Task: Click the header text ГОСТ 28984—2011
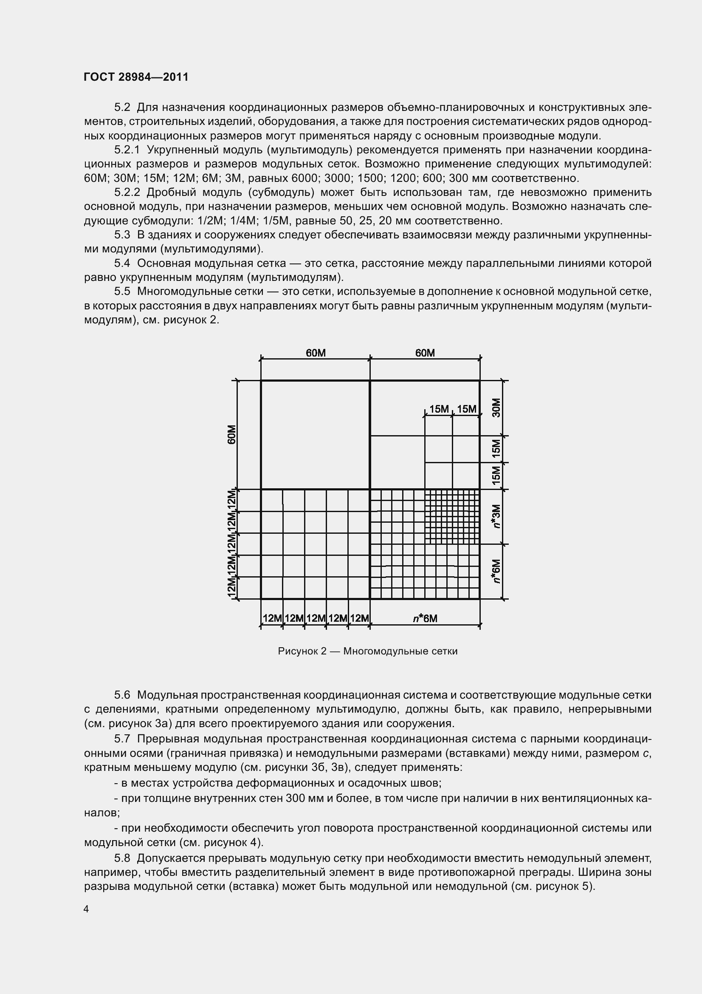136,77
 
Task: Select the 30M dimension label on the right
496,408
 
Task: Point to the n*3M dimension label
496,516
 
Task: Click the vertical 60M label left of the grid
231,434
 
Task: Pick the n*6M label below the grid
425,618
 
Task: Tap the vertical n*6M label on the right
496,571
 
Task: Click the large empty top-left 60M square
315,434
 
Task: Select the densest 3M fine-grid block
452,516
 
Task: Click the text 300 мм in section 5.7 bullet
303,798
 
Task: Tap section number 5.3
122,235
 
